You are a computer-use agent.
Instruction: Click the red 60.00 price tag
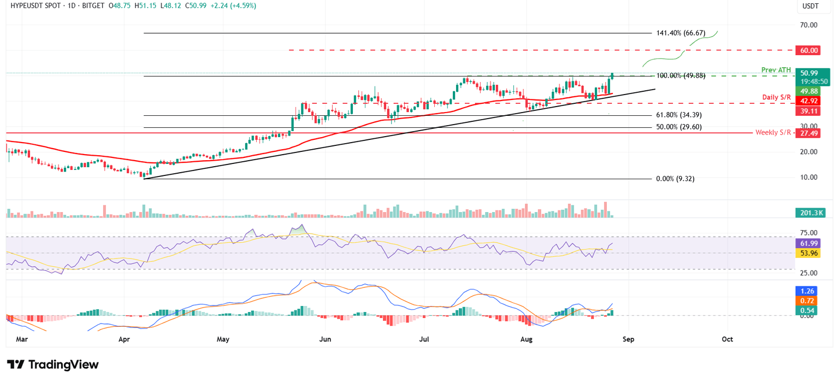tap(808, 50)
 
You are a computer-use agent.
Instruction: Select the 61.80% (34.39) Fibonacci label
tap(678, 116)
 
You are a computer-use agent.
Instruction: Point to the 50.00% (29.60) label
tap(678, 127)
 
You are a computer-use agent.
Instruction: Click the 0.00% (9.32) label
tap(675, 179)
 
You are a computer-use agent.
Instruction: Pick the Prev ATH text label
tap(776, 70)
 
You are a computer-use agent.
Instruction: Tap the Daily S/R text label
tap(777, 97)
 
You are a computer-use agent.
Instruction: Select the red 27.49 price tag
tap(808, 133)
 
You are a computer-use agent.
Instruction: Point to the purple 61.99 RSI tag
tap(808, 243)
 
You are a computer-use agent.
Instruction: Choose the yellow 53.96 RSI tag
tap(808, 254)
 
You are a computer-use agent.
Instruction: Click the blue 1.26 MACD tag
tap(808, 291)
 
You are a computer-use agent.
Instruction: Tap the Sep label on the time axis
tap(629, 339)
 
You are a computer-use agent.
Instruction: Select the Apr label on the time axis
tap(124, 339)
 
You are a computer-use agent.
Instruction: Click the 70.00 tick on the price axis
tap(808, 25)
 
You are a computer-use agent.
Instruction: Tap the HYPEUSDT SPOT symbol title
tap(34, 5)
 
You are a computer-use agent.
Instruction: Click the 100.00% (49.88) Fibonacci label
tap(680, 76)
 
